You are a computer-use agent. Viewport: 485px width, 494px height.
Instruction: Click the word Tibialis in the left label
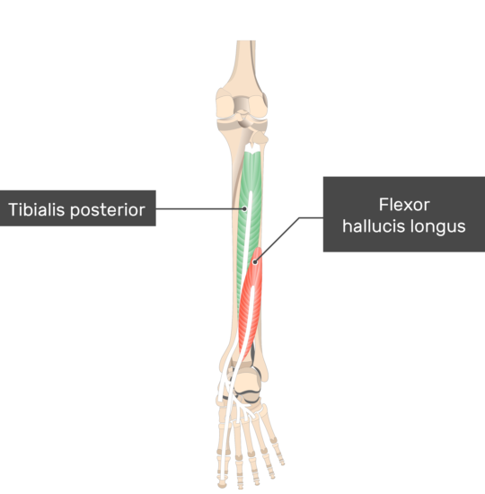pos(36,209)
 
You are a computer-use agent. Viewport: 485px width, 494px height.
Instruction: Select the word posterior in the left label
pos(108,210)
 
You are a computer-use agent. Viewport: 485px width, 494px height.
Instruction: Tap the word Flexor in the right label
pos(404,205)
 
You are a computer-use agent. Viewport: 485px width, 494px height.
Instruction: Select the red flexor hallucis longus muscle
pos(251,299)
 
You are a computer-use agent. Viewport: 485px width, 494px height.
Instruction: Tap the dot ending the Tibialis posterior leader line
pos(244,208)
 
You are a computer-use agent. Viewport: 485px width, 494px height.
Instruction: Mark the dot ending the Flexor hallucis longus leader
pos(255,261)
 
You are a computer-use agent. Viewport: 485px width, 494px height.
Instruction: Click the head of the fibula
pos(260,138)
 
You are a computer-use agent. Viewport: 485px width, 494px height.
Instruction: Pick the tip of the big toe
pos(223,482)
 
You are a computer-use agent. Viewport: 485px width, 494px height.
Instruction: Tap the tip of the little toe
pos(282,463)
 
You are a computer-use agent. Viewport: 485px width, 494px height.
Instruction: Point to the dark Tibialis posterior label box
pos(77,208)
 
